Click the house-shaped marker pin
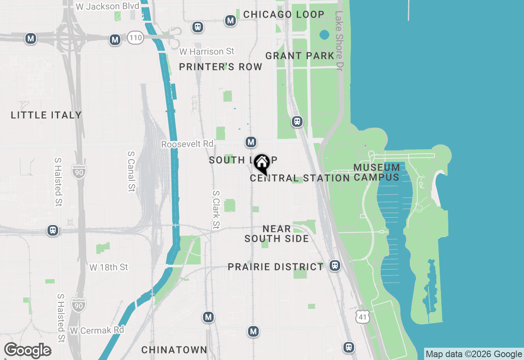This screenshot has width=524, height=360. tap(262, 164)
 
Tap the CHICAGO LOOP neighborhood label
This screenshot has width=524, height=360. tap(284, 14)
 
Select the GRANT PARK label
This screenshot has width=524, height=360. tap(300, 56)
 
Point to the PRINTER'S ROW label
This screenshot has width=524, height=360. tap(221, 67)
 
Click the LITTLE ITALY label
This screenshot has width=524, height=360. tap(46, 115)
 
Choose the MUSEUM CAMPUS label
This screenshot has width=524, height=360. tap(377, 172)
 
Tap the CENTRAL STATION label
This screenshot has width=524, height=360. tap(300, 178)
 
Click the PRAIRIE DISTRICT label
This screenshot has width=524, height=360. tap(276, 267)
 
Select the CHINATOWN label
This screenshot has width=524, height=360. tap(174, 350)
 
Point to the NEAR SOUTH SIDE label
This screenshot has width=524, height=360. tap(277, 234)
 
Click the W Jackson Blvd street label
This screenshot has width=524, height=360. tap(104, 6)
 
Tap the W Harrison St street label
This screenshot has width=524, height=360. tap(207, 52)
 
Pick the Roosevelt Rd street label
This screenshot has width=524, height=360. tap(187, 144)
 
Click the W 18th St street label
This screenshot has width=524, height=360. tap(109, 267)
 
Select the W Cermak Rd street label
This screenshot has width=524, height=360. tap(97, 330)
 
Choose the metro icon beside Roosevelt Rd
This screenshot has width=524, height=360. tap(251, 142)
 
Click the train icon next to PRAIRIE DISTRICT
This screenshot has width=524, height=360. tap(335, 265)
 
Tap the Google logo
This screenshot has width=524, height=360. tap(27, 351)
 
